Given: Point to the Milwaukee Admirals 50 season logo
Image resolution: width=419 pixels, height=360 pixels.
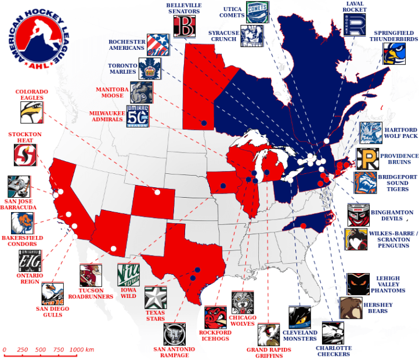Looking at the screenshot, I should [x=138, y=116].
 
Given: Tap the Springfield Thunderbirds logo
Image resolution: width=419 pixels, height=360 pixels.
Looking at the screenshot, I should [x=393, y=53].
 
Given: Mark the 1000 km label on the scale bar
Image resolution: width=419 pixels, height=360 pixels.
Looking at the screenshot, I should [x=82, y=350].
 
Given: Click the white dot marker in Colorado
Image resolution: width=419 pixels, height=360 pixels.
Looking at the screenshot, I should [x=157, y=192].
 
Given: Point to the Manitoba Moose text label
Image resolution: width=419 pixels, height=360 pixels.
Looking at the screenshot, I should [x=113, y=93].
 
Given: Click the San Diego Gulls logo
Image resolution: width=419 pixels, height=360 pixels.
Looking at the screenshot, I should [x=52, y=293].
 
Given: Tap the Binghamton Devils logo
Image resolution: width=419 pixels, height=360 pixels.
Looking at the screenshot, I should [x=359, y=215].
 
